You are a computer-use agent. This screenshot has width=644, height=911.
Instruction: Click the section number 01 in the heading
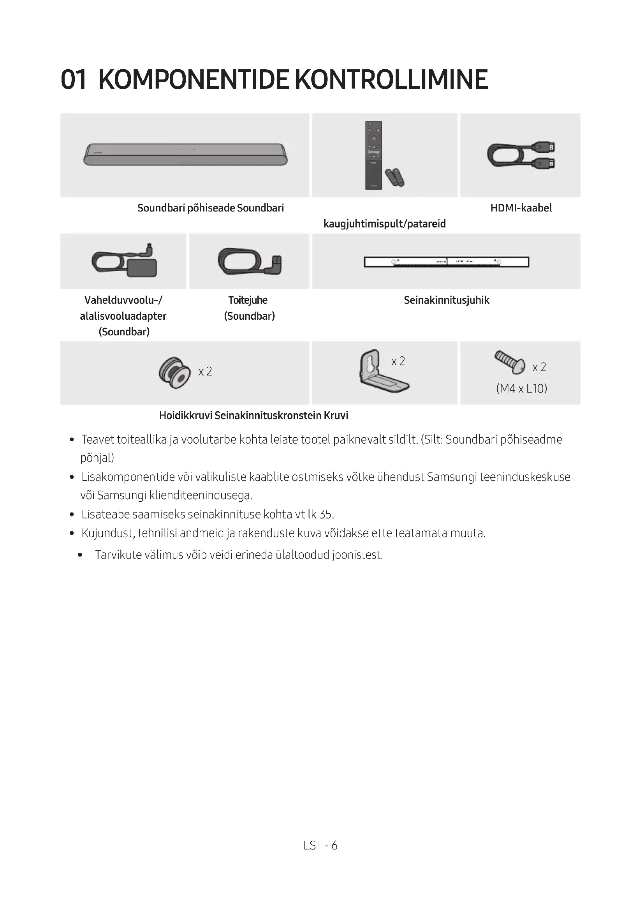pyautogui.click(x=73, y=80)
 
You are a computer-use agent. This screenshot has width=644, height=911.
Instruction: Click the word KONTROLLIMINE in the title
pyautogui.click(x=391, y=80)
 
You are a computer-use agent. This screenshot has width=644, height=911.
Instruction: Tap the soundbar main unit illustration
pyautogui.click(x=185, y=154)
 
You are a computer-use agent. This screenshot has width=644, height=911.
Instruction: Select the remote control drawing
pyautogui.click(x=373, y=155)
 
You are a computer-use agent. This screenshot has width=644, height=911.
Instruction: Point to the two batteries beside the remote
pyautogui.click(x=394, y=177)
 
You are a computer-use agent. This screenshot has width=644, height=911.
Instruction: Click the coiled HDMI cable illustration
pyautogui.click(x=521, y=155)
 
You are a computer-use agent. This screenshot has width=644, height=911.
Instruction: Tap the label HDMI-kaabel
pyautogui.click(x=521, y=208)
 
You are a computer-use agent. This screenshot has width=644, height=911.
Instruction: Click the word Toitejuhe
pyautogui.click(x=248, y=300)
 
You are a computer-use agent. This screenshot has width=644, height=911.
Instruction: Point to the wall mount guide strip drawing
pyautogui.click(x=446, y=262)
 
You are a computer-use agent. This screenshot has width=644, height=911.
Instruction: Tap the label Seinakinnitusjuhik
pyautogui.click(x=446, y=300)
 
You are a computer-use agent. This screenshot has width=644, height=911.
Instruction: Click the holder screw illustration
pyautogui.click(x=174, y=373)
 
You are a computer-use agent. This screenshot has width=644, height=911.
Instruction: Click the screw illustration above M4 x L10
pyautogui.click(x=510, y=361)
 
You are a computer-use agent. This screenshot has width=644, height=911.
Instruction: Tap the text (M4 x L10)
pyautogui.click(x=521, y=388)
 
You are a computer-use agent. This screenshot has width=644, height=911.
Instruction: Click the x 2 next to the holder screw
pyautogui.click(x=205, y=372)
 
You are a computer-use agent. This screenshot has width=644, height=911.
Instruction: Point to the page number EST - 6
pyautogui.click(x=320, y=846)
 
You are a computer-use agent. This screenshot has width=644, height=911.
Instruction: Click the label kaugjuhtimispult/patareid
pyautogui.click(x=384, y=224)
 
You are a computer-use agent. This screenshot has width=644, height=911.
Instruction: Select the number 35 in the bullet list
pyautogui.click(x=326, y=515)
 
